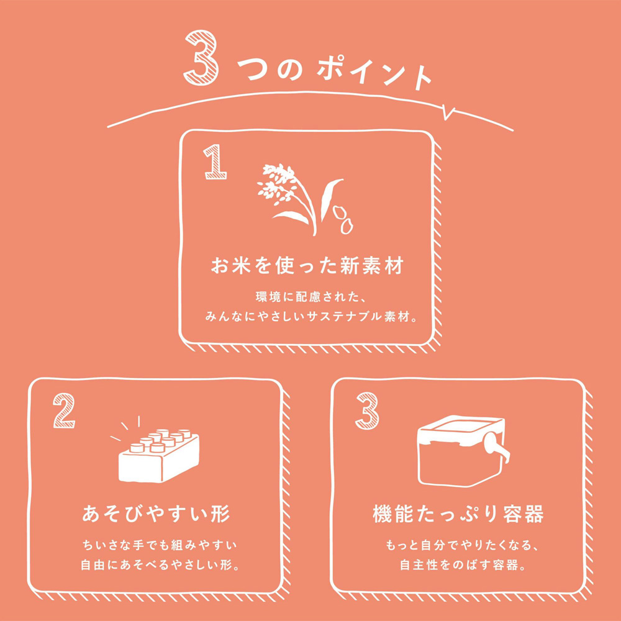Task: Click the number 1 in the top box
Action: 215,162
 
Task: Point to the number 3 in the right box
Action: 367,410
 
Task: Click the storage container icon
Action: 464,451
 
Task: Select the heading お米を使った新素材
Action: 307,266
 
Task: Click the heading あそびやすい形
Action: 156,514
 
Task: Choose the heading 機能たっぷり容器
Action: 458,514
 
